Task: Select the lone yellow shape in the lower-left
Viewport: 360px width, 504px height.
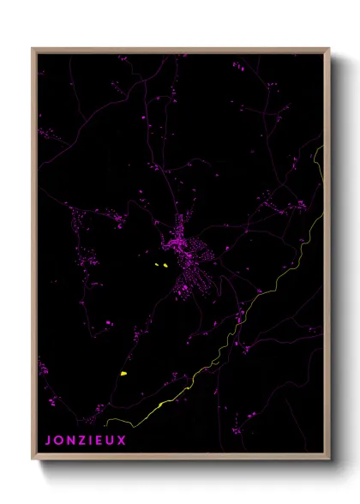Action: coord(124,374)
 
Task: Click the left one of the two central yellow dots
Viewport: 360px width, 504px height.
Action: coord(158,264)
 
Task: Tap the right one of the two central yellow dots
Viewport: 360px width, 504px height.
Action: coord(165,267)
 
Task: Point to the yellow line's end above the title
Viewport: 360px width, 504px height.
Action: coord(106,423)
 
